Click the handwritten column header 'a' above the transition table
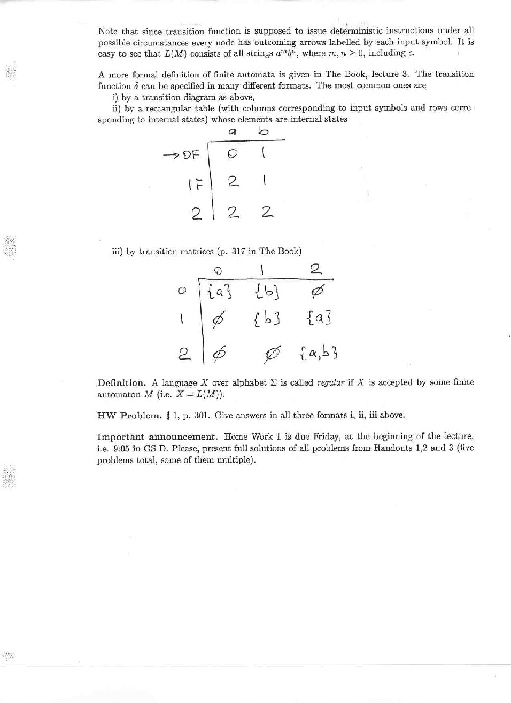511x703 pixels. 233,131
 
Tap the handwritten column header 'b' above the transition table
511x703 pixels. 263,131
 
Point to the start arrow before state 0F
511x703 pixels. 171,155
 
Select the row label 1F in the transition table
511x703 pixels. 196,185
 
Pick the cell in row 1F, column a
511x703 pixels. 233,182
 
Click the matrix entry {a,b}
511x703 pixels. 319,353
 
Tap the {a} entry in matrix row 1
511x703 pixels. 319,319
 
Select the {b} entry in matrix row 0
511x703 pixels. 265,292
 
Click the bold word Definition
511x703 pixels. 121,383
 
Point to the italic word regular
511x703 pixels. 330,383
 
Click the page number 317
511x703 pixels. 238,251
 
